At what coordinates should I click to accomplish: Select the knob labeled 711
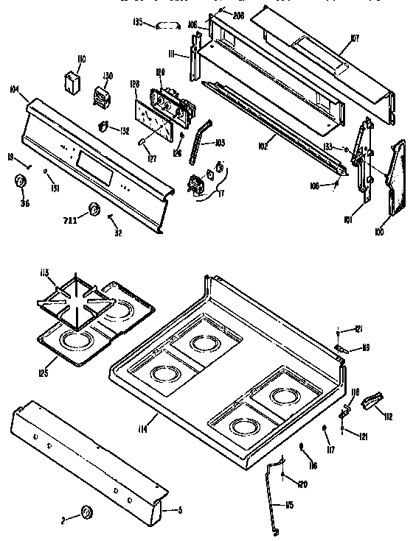click(x=94, y=211)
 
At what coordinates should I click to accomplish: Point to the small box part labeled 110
click(x=73, y=82)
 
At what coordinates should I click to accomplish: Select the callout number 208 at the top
click(x=237, y=14)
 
